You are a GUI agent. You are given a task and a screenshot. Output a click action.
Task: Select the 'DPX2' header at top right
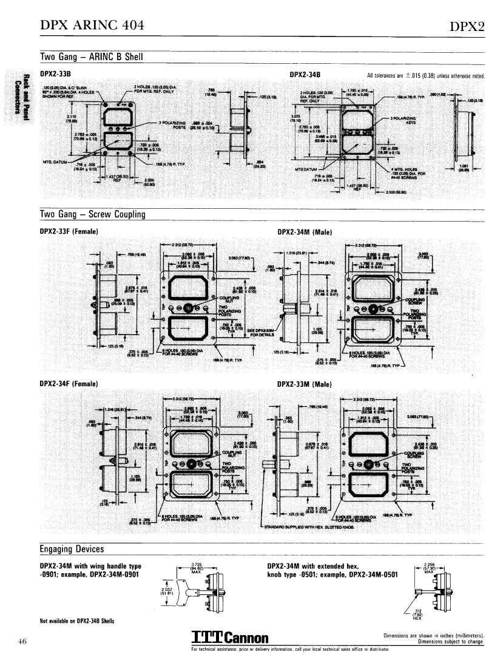[x=467, y=26]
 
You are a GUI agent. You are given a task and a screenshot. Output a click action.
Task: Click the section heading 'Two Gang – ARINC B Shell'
[x=91, y=57]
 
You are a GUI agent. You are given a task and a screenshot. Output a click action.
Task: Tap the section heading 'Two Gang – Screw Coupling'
[x=92, y=214]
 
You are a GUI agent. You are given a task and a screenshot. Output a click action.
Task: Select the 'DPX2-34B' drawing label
[x=305, y=75]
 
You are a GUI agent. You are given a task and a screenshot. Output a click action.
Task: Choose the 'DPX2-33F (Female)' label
[x=69, y=231]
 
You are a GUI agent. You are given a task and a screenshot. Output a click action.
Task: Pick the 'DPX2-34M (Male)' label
[x=304, y=231]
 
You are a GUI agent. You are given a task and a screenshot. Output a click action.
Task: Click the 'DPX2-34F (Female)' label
[x=69, y=383]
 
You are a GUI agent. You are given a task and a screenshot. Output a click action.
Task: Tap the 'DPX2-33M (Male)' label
[x=304, y=384]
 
